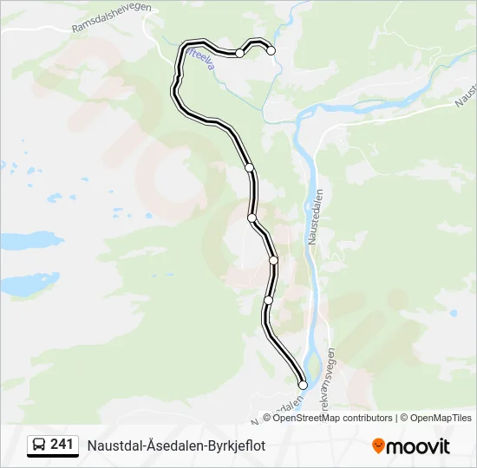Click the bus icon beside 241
[x=39, y=445]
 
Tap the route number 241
[x=62, y=445]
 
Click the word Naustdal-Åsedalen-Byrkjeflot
[x=176, y=445]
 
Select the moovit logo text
[x=418, y=446]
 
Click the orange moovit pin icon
[x=378, y=446]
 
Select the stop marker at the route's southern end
[x=303, y=385]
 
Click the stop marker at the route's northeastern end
[x=271, y=50]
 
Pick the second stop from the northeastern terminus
[x=239, y=53]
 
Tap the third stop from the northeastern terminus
[x=249, y=167]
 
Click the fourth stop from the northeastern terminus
[x=252, y=218]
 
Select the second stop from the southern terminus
[x=268, y=300]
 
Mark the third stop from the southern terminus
[x=273, y=260]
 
